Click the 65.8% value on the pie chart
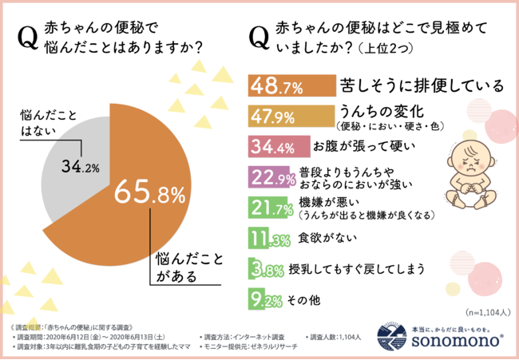(150, 194)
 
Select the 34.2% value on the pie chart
(80, 167)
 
